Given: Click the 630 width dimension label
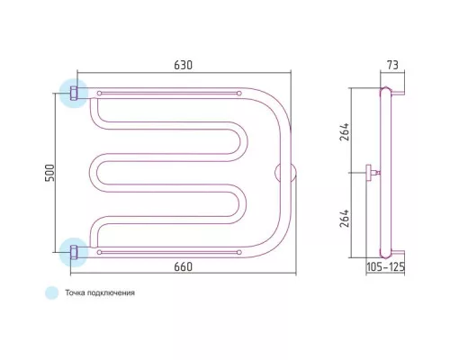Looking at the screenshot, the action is coord(183,65).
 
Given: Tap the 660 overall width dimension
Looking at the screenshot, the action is coord(183,266).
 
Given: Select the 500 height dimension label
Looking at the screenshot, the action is coord(49,173).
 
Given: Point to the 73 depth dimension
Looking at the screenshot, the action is coord(392,65).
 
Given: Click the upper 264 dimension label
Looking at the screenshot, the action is coord(345,131).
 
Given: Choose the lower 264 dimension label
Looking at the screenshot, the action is coord(345,218).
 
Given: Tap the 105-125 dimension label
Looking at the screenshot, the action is coord(385,266).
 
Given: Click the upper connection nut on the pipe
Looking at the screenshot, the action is coord(74,93).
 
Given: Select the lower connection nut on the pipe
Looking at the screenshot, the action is coord(74,252).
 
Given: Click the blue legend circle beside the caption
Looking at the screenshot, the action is coord(51,292).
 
